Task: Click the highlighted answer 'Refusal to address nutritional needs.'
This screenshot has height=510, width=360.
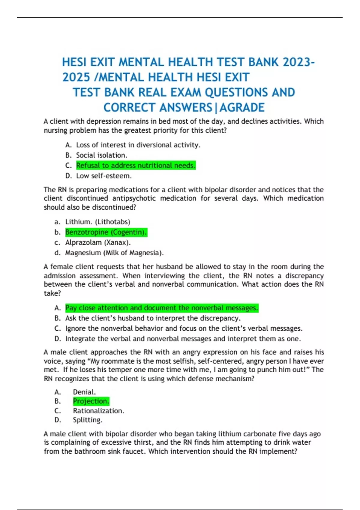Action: [136, 165]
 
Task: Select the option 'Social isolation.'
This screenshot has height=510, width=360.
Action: [101, 155]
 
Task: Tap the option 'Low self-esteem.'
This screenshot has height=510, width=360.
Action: [104, 176]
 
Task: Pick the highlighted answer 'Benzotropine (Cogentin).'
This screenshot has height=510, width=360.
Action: [106, 232]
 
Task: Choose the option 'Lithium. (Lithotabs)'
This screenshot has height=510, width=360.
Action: [97, 222]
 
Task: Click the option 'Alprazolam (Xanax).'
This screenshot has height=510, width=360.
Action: [98, 242]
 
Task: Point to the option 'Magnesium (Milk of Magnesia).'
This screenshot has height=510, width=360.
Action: [114, 253]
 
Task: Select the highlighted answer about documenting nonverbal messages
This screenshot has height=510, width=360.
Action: [161, 308]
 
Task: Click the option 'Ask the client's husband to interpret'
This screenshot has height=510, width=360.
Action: [153, 318]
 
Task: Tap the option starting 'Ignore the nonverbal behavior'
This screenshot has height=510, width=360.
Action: [184, 328]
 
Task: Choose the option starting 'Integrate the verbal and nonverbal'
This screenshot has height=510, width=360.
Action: [183, 339]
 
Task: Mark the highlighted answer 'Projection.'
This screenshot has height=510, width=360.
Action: [91, 401]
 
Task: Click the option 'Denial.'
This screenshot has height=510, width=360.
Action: [84, 392]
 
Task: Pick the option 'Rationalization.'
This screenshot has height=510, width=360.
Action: [98, 411]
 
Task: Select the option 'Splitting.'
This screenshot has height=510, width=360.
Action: [88, 420]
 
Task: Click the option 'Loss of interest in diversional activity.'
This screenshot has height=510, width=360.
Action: [138, 145]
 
